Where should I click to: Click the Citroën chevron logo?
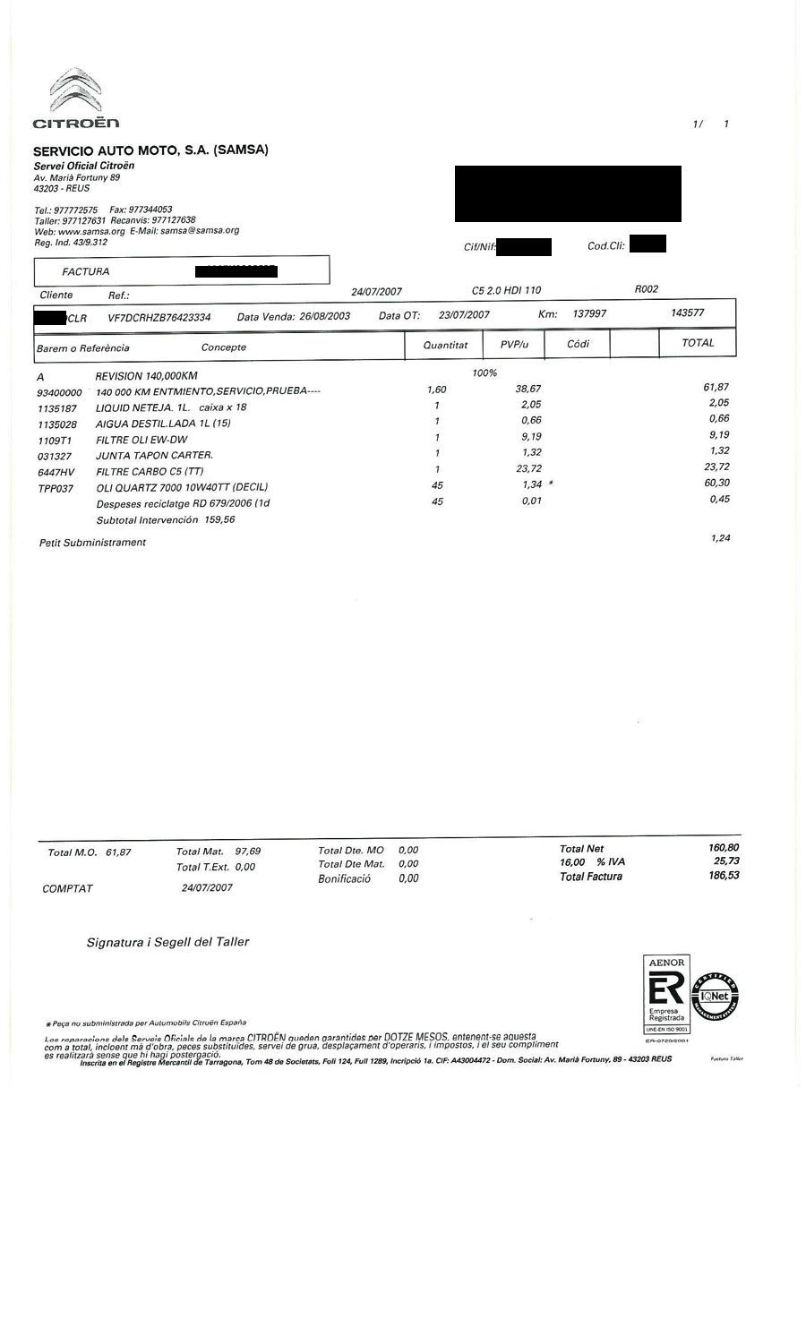click(75, 91)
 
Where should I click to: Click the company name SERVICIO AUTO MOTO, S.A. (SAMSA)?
click(150, 150)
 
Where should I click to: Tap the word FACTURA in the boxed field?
click(86, 271)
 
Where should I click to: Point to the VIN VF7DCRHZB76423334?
click(159, 317)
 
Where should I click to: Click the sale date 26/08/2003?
click(324, 316)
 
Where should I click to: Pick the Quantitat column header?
click(445, 345)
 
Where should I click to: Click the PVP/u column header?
click(514, 344)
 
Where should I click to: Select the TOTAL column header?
click(698, 343)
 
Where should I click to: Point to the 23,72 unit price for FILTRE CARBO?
click(528, 468)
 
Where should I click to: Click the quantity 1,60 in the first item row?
click(436, 390)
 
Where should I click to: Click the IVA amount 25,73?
click(726, 860)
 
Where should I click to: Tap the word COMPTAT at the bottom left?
click(67, 889)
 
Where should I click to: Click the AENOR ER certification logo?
click(665, 995)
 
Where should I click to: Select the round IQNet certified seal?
click(716, 997)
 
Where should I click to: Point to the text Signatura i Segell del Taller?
click(167, 942)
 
